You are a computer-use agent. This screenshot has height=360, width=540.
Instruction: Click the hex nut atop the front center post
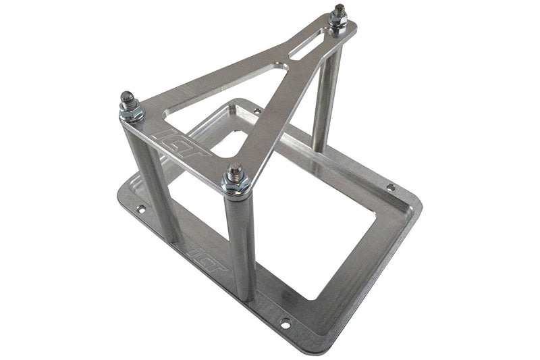pos(236,184)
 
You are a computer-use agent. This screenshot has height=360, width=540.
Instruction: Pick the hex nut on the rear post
pos(337,22)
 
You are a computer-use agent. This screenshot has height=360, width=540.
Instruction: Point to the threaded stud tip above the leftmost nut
pos(127,98)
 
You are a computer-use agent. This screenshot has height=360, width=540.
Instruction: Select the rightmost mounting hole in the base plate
pos(391,187)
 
